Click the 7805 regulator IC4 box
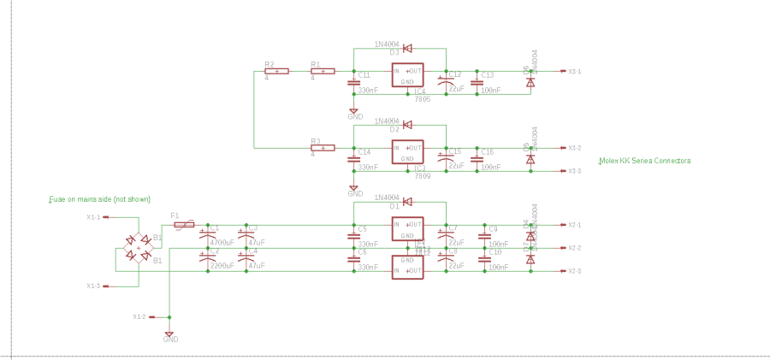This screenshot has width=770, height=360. [407, 76]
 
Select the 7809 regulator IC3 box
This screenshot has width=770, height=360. [407, 152]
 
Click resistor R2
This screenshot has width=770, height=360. [276, 71]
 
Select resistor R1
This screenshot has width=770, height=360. [322, 71]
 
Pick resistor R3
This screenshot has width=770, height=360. [322, 148]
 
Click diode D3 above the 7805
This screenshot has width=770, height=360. [407, 49]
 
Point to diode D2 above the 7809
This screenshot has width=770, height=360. [407, 125]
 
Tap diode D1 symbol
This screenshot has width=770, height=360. [407, 202]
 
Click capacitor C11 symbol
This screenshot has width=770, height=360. [353, 82]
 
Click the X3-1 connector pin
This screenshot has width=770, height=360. [562, 72]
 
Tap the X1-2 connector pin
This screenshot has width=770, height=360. [151, 316]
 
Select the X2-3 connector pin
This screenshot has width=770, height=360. [562, 271]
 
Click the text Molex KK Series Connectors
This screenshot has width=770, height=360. [644, 161]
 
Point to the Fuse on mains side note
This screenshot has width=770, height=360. [99, 199]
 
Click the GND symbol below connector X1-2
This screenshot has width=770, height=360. [169, 333]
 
